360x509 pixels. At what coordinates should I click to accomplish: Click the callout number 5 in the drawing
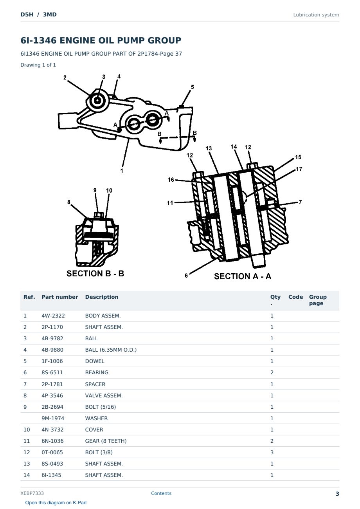tap(192, 87)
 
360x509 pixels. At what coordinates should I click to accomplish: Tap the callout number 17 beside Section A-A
tap(299, 169)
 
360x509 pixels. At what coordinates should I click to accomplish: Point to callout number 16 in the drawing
tap(171, 180)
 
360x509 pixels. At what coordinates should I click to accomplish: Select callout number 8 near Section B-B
tap(69, 202)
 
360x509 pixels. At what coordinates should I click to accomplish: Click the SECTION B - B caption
tap(95, 273)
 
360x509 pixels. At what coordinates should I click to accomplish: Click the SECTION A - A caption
tap(242, 276)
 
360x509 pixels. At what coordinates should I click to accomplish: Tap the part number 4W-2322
tap(53, 316)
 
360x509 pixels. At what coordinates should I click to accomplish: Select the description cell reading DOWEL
tap(95, 361)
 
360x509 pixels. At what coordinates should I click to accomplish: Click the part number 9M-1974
tap(53, 418)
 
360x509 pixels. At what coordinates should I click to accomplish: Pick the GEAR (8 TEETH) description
tap(106, 441)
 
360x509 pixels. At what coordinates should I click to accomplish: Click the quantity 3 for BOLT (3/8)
tap(272, 452)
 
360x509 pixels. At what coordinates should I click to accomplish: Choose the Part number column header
tap(60, 297)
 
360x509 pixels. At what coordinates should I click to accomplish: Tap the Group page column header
tap(318, 300)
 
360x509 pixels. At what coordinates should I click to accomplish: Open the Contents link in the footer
tap(161, 493)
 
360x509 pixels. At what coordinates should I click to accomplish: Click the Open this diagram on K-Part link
tap(56, 502)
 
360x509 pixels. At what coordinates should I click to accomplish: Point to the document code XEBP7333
tap(32, 493)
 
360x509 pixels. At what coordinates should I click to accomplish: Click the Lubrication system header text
tap(316, 15)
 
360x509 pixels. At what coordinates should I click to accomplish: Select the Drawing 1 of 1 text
tap(38, 65)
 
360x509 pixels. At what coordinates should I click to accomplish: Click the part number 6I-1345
tap(51, 475)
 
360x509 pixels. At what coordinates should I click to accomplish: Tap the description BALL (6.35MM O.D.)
tap(111, 350)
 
